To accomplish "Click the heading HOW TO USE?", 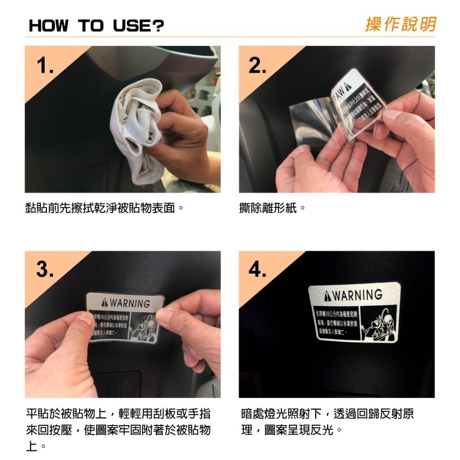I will click(96, 26).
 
